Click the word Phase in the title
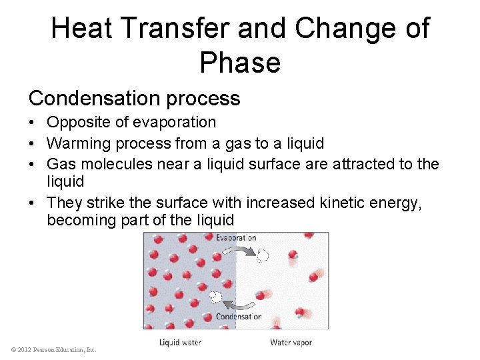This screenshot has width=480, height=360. pyautogui.click(x=239, y=63)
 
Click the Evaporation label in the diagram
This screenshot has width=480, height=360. pyautogui.click(x=235, y=238)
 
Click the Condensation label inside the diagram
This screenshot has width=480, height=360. pyautogui.click(x=239, y=317)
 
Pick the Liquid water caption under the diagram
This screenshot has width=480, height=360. pyautogui.click(x=180, y=343)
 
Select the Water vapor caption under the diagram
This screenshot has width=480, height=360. pyautogui.click(x=291, y=343)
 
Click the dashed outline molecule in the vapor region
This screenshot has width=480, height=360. pyautogui.click(x=263, y=255)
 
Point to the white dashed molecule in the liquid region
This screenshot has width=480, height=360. pyautogui.click(x=215, y=295)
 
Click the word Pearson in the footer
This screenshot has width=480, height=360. pyautogui.click(x=46, y=350)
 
